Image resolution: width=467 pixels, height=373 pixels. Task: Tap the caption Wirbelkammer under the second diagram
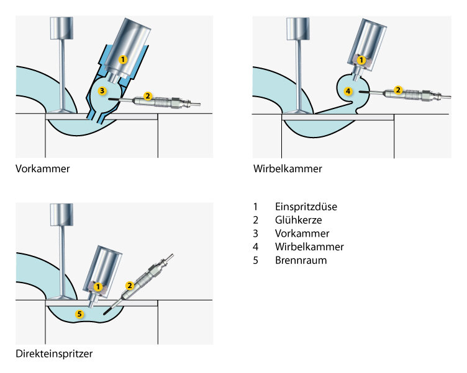[x=288, y=168]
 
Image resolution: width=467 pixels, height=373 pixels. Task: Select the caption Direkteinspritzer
[x=54, y=354]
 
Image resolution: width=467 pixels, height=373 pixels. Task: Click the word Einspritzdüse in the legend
[x=306, y=206]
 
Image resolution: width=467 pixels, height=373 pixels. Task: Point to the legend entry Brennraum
[x=301, y=260]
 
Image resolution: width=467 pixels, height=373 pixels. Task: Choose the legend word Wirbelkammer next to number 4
[x=309, y=247]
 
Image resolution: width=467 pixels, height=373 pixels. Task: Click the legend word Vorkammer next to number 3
[x=302, y=234]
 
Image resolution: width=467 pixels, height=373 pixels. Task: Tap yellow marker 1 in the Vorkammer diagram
[x=123, y=59]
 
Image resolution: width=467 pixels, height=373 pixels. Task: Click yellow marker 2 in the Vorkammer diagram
[x=148, y=96]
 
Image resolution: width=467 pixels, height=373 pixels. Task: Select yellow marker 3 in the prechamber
[x=102, y=90]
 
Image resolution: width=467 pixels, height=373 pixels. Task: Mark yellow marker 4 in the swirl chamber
[x=348, y=91]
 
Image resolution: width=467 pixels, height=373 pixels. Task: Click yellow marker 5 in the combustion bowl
[x=79, y=314]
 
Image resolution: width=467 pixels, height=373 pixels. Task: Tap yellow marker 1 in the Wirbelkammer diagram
[x=361, y=59]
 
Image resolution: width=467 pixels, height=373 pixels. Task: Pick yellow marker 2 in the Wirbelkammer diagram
[x=399, y=89]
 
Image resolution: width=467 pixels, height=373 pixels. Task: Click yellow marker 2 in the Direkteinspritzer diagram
[x=130, y=286]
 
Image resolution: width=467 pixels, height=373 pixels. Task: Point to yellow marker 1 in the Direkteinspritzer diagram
[x=97, y=286]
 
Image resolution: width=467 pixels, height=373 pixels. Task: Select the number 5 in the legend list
[x=255, y=260]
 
